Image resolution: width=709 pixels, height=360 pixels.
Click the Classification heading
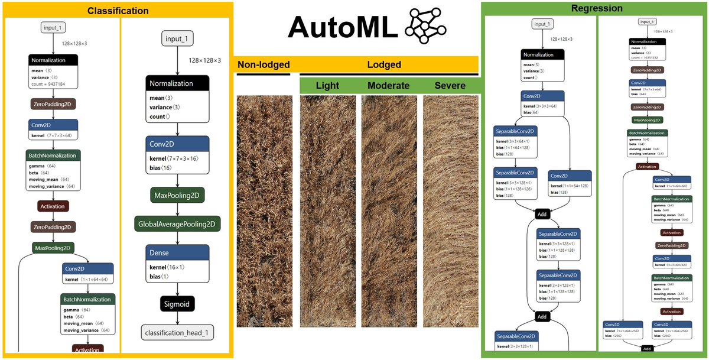tap(118, 11)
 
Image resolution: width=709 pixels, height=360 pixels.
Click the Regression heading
tap(596, 8)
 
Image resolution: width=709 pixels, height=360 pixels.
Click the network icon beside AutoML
tap(425, 27)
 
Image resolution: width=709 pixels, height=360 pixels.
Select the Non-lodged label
tap(263, 64)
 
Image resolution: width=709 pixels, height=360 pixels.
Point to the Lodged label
tap(384, 64)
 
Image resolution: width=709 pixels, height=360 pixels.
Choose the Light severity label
tap(327, 85)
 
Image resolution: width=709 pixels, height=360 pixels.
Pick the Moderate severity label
tap(388, 85)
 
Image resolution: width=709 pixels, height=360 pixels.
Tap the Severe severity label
tap(450, 85)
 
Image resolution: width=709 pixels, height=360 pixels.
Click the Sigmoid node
tap(177, 304)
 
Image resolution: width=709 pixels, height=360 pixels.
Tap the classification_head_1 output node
tap(177, 332)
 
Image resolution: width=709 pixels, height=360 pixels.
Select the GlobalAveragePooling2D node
tap(177, 224)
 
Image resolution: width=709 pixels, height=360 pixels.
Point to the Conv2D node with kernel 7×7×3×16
tap(178, 154)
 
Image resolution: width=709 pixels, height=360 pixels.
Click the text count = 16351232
tap(647, 57)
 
